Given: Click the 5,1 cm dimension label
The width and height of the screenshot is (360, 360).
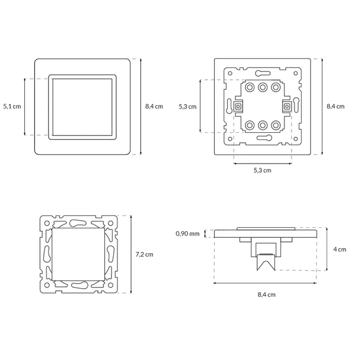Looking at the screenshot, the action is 12,106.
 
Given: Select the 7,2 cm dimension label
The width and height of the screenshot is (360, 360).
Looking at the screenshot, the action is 144,254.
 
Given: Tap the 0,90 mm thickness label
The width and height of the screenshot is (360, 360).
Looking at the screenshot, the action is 187,234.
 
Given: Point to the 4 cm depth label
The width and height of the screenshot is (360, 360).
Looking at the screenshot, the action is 339,249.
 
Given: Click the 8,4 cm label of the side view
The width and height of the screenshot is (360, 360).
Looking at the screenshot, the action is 266,294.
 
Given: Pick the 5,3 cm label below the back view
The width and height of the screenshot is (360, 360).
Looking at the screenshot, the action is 262,170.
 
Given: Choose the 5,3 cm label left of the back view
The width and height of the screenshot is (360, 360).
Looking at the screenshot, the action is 188,107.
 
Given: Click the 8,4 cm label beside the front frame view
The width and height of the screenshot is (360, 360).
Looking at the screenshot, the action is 154,106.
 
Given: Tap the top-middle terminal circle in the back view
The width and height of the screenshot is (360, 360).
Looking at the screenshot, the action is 263,87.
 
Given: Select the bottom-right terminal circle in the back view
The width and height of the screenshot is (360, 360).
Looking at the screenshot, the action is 276,125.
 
